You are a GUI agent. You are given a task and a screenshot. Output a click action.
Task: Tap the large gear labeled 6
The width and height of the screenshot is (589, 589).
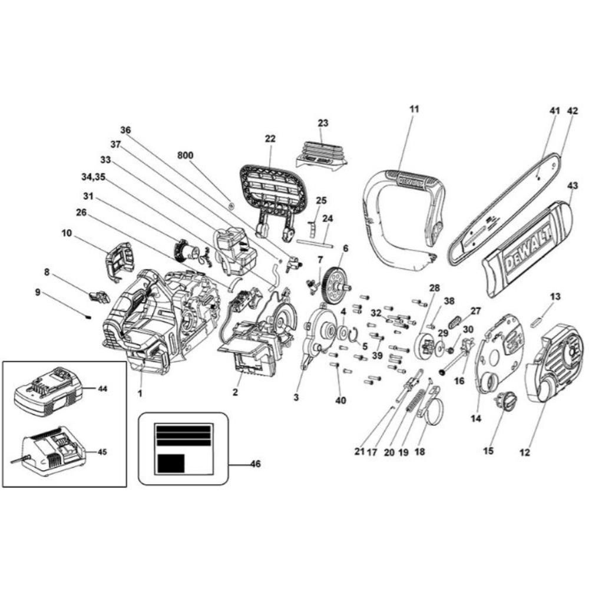pos(335,279)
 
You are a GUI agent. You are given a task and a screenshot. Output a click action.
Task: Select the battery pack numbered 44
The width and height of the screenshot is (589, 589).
pos(46,391)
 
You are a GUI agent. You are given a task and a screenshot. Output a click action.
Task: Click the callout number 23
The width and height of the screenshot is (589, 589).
pos(323,123)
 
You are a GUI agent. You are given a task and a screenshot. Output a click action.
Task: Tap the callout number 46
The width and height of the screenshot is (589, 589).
pos(254,464)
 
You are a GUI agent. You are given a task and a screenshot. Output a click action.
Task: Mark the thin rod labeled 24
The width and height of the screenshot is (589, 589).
pos(316,241)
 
